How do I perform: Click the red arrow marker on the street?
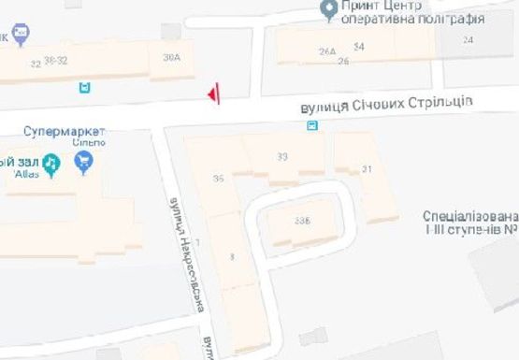tap(215, 93)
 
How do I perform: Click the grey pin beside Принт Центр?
tap(328, 11)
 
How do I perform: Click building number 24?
tap(468, 39)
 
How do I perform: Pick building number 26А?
tap(326, 50)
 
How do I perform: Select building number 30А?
tap(171, 58)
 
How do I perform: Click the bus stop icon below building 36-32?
tap(85, 88)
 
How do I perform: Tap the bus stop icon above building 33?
tap(312, 125)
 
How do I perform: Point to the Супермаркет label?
tap(64, 132)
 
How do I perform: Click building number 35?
tap(219, 178)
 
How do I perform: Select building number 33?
tap(282, 156)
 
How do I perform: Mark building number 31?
tap(367, 168)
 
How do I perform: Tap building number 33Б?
tap(301, 221)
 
